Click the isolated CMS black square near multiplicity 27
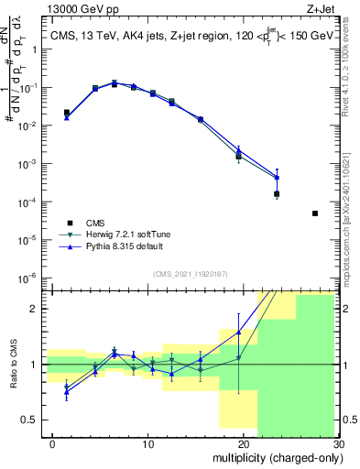click(314, 213)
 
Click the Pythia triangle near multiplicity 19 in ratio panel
click(238, 332)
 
